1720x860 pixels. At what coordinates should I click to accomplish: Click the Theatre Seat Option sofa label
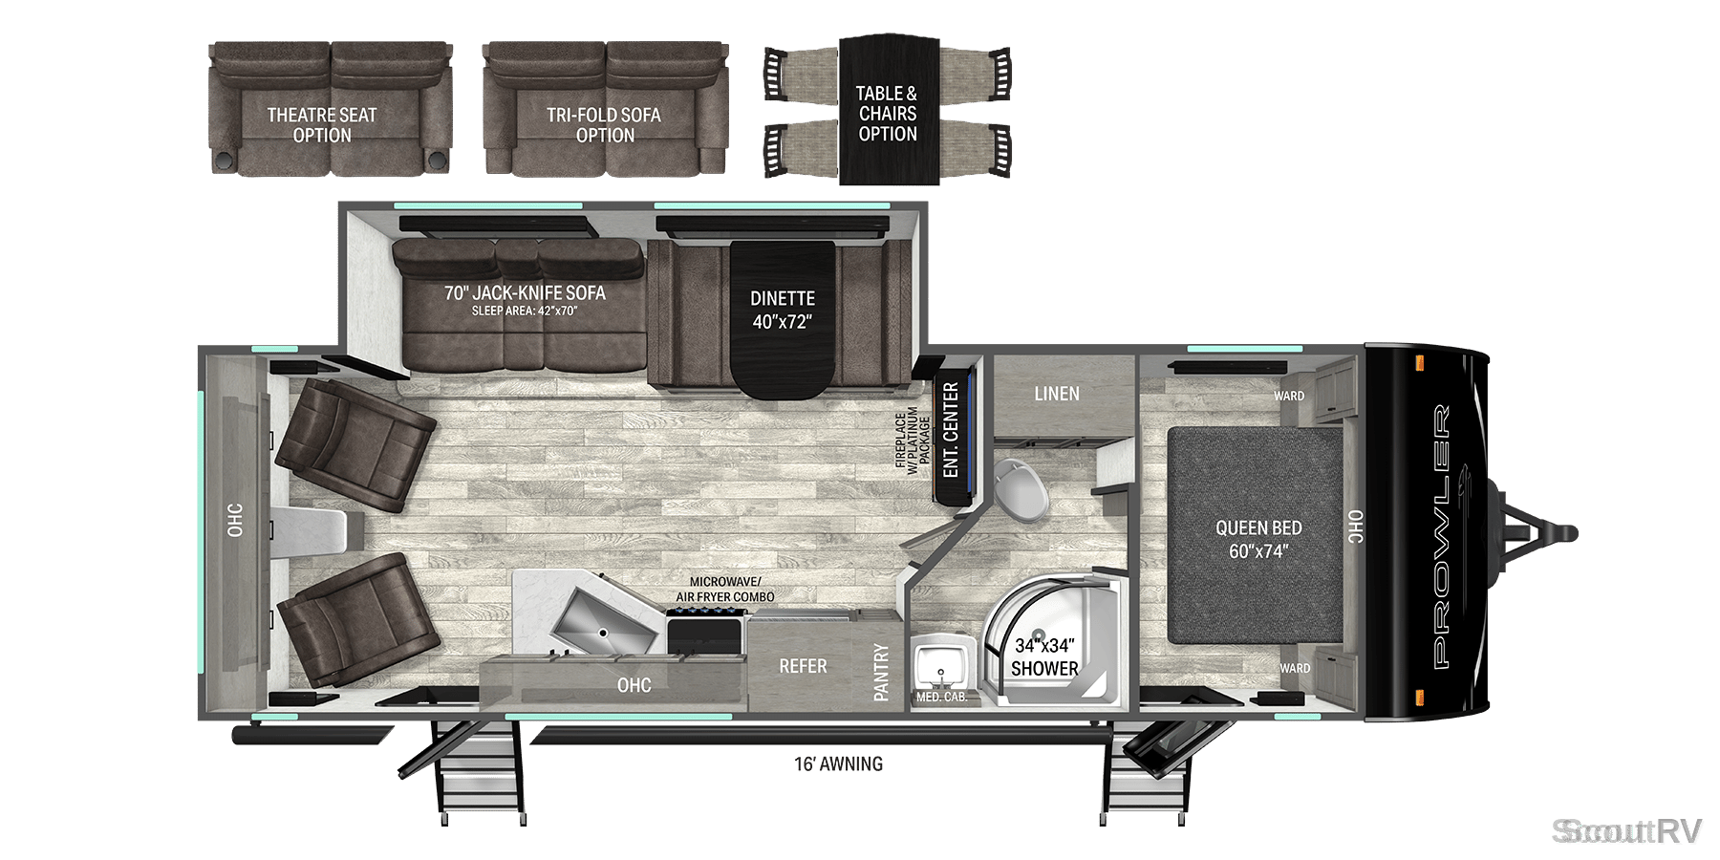[322, 125]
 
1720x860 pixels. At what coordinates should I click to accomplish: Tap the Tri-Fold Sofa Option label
[604, 125]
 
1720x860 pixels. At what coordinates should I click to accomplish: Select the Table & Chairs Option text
[887, 114]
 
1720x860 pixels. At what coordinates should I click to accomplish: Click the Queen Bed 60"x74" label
[1258, 539]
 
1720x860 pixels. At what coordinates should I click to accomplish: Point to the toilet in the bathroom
[1019, 488]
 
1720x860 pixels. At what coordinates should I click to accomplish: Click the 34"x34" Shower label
[1044, 657]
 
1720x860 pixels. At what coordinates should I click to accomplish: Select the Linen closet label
[1057, 394]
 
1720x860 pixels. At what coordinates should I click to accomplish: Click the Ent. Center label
[951, 430]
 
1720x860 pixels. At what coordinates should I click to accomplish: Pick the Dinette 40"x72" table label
[783, 311]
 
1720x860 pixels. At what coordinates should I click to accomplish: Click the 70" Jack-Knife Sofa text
[525, 293]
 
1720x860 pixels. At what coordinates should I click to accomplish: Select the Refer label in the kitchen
[803, 666]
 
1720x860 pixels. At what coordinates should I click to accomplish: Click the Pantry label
[881, 672]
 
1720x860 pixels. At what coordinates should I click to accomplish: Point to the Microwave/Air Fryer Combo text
[725, 590]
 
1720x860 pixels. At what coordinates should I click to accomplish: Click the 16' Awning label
[838, 763]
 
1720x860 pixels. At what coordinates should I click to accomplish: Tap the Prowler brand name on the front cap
[1442, 535]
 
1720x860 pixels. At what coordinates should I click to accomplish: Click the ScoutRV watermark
[1626, 831]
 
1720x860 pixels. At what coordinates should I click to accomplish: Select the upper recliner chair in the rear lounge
[351, 444]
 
